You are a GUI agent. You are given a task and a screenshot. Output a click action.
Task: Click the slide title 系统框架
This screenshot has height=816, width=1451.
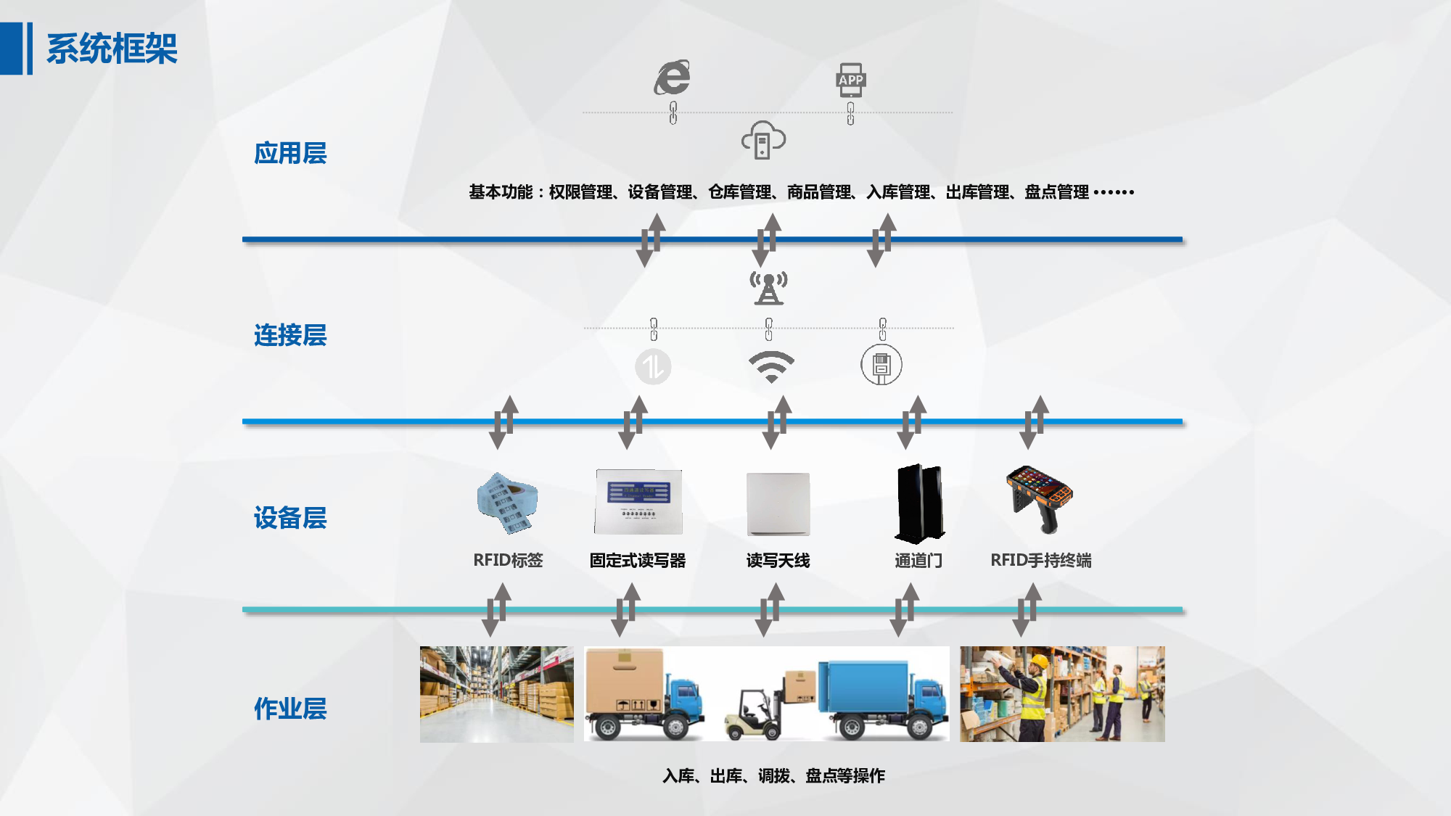[112, 49]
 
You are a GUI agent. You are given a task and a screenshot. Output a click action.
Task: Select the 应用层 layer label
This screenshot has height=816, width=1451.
[290, 153]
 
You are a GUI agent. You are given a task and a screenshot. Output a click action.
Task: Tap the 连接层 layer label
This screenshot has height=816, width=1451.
[290, 335]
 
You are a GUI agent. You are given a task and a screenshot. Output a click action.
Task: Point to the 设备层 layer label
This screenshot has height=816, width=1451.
[290, 518]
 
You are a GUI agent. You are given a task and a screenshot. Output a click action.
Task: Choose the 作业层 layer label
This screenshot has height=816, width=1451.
[290, 709]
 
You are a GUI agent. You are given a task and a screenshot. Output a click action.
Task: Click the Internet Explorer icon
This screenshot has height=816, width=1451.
[673, 78]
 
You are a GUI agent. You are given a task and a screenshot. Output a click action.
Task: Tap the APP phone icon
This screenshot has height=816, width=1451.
[851, 80]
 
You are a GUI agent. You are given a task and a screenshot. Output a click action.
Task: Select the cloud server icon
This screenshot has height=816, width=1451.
[763, 140]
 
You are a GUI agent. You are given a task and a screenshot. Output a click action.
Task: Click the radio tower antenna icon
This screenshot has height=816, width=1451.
[768, 288]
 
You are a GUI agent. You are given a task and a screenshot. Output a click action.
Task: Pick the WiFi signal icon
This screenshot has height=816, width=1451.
[771, 367]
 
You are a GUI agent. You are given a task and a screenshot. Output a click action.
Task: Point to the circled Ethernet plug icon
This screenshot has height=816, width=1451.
[881, 365]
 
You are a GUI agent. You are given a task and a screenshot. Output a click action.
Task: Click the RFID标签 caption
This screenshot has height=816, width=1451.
[508, 560]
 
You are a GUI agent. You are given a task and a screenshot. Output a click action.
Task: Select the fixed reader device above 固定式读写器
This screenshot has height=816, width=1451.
[638, 501]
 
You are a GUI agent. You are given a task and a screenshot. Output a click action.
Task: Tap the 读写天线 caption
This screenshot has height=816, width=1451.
[778, 560]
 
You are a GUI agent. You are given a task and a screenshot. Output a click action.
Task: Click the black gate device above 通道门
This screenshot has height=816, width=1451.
[919, 504]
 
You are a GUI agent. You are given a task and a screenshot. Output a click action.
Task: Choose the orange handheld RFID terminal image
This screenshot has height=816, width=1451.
[1039, 499]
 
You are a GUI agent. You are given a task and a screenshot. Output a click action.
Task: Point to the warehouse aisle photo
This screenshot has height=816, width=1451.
[497, 694]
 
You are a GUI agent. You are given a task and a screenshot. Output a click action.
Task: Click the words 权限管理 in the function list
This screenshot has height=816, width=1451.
[580, 192]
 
